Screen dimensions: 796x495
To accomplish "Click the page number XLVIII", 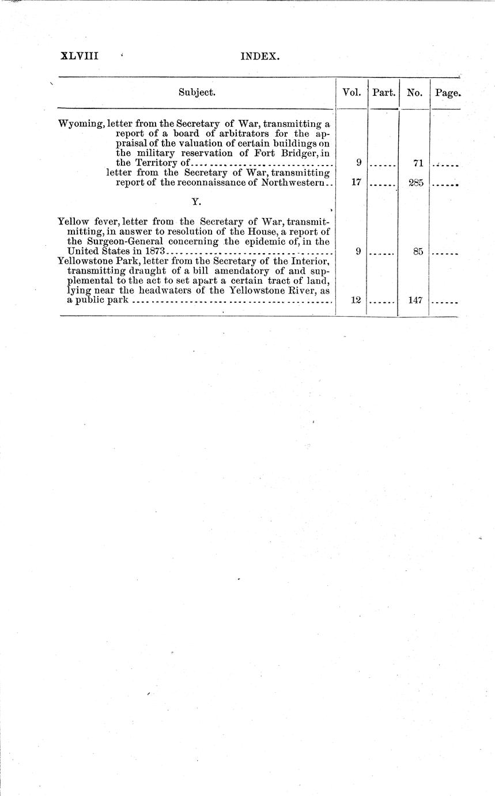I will pyautogui.click(x=80, y=56).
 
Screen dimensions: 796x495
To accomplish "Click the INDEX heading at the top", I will pyautogui.click(x=260, y=57).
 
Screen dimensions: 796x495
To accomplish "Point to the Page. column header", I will pyautogui.click(x=448, y=92).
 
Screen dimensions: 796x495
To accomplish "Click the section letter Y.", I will pyautogui.click(x=196, y=203).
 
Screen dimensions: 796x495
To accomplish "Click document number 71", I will pyautogui.click(x=418, y=164).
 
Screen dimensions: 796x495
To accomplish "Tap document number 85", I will pyautogui.click(x=418, y=251).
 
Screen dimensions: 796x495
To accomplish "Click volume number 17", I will pyautogui.click(x=356, y=183).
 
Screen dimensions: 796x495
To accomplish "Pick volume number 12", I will pyautogui.click(x=356, y=300).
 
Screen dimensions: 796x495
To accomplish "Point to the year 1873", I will pyautogui.click(x=155, y=251).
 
